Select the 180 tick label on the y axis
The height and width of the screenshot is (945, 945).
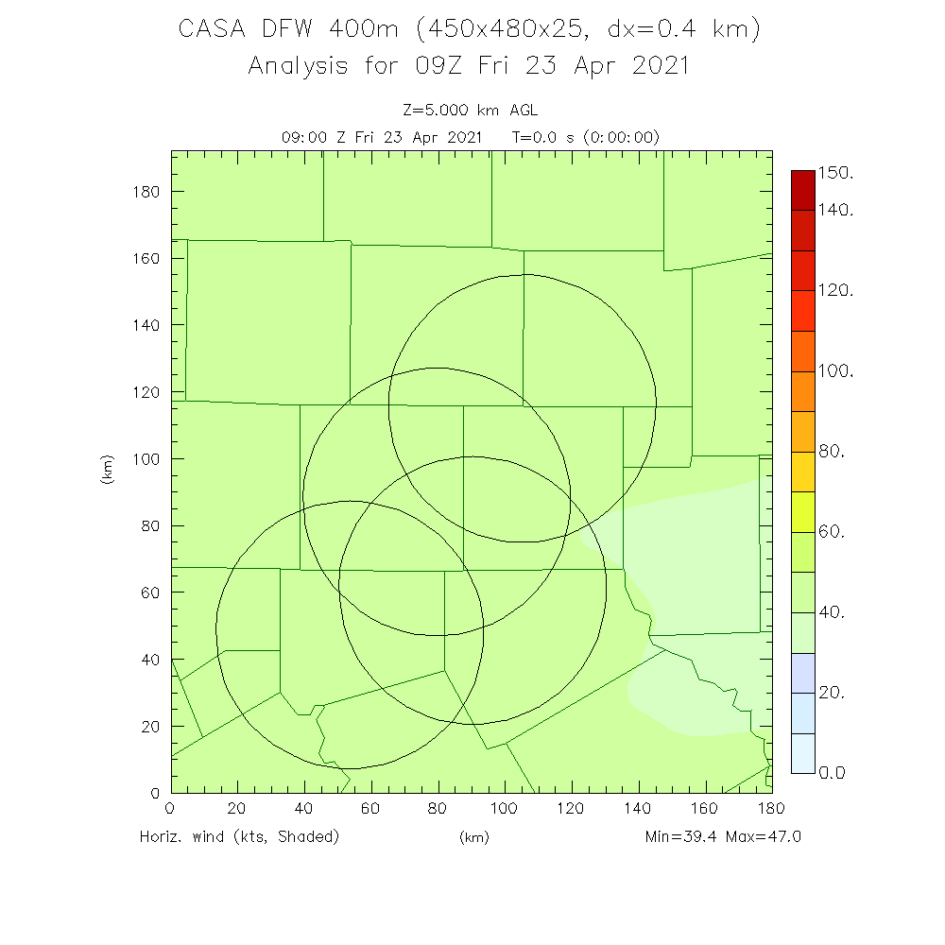click(146, 192)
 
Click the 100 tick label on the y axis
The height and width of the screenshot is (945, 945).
click(146, 459)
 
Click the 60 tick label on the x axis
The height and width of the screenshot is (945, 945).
click(371, 808)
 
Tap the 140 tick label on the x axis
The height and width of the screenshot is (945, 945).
click(638, 808)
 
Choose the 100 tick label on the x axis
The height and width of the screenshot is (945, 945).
click(505, 808)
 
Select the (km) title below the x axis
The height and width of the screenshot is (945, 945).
click(473, 837)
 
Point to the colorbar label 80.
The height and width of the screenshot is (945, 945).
click(831, 452)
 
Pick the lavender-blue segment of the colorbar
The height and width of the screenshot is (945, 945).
click(802, 673)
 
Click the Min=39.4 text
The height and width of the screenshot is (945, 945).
click(680, 836)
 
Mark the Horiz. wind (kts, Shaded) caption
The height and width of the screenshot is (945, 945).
click(239, 836)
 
